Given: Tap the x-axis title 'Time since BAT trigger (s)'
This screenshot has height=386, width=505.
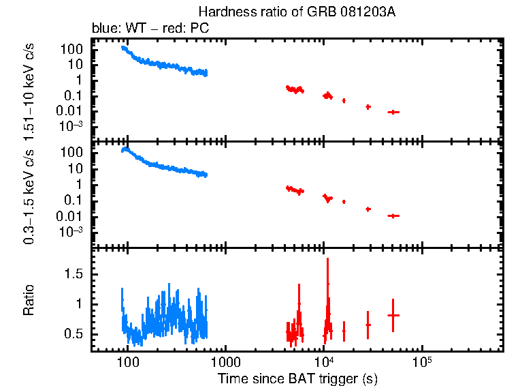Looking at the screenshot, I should [x=297, y=378].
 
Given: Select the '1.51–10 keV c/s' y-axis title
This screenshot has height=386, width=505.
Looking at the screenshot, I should [x=31, y=91].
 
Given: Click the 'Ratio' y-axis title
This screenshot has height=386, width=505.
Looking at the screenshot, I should [x=29, y=300].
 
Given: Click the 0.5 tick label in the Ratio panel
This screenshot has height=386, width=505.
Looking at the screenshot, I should [x=74, y=333].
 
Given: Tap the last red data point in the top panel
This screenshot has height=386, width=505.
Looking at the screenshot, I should [x=393, y=112].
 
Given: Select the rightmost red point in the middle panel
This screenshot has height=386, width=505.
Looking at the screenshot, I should [x=393, y=216].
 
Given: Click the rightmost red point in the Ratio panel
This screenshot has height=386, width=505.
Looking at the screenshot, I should [x=393, y=315].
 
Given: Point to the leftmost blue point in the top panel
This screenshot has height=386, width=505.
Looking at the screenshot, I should [x=123, y=47].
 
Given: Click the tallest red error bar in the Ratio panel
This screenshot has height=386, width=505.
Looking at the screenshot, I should [x=328, y=293].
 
